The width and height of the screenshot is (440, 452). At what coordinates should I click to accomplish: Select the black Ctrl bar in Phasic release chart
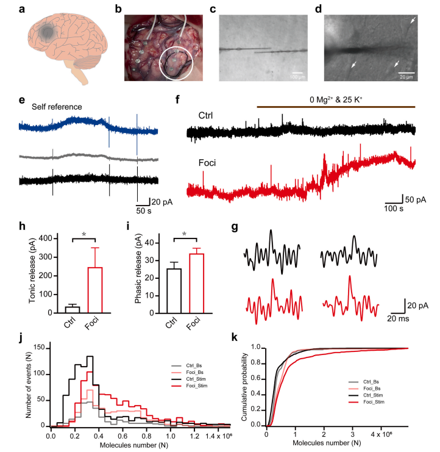pyautogui.click(x=174, y=290)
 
